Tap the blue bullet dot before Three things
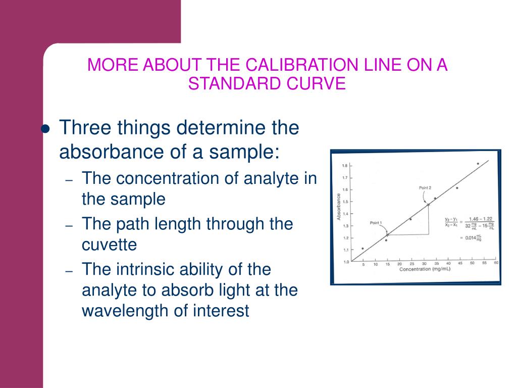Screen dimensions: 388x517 (45, 128)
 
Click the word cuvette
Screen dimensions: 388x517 (109, 245)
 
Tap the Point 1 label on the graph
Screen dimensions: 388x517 (376, 223)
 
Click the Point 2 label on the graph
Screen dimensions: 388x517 (426, 188)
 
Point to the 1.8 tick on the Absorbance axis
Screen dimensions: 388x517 (345, 166)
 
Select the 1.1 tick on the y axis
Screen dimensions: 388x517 (345, 250)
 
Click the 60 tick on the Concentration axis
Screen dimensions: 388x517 (496, 264)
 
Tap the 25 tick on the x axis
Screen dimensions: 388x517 (412, 264)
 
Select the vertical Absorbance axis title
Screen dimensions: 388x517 (338, 207)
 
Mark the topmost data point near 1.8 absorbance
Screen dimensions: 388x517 (478, 164)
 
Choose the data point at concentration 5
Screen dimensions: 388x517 (363, 249)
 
